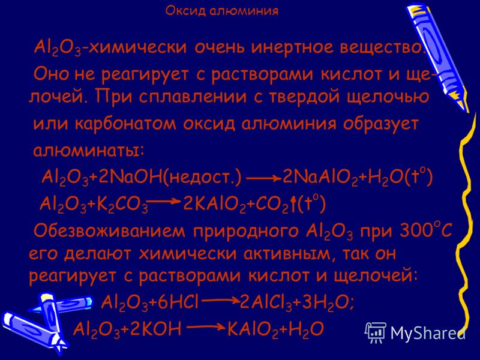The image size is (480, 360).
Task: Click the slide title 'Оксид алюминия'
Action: pos(222,11)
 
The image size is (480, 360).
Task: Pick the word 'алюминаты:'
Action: pos(88,151)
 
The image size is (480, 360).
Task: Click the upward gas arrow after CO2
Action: pos(293,203)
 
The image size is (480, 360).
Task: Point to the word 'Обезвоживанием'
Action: pos(109,231)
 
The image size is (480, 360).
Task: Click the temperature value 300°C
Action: pos(425,230)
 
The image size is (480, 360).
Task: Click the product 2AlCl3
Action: pos(266,304)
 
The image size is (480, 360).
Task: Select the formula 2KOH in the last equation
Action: pos(155,329)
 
